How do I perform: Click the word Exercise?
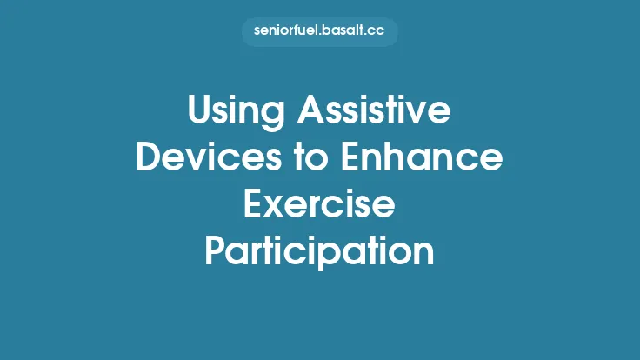319,206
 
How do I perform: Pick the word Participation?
319,252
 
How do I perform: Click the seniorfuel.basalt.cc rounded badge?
319,32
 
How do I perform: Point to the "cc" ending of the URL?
376,32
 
